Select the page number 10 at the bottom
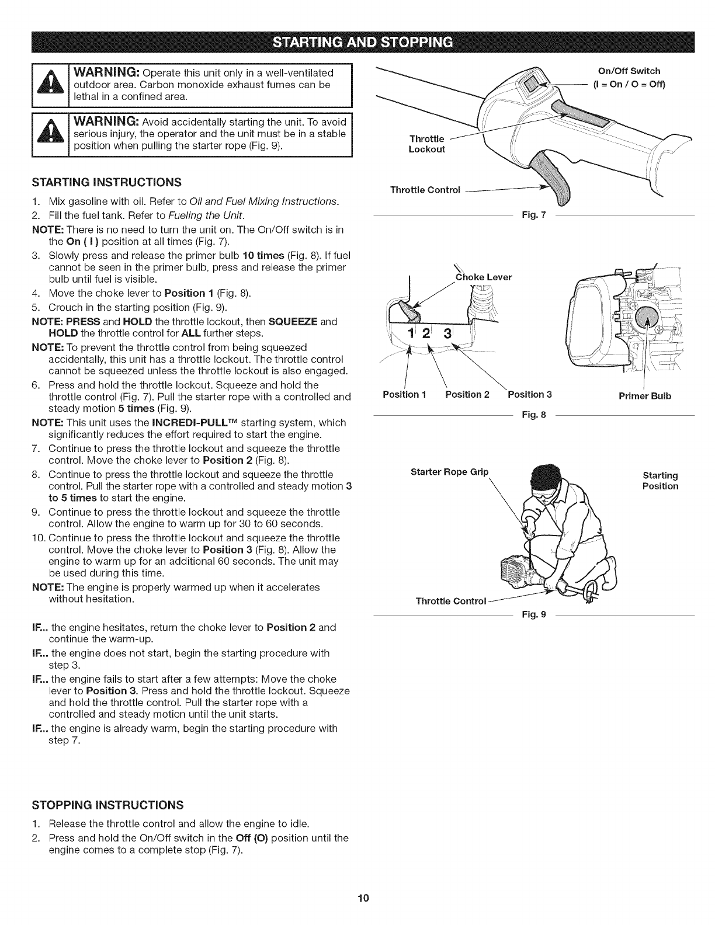click(x=357, y=898)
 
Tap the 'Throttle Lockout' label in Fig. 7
click(x=427, y=144)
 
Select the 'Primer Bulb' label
click(x=645, y=396)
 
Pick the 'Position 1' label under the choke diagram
click(x=405, y=394)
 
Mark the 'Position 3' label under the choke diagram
click(x=529, y=394)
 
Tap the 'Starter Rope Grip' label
click(x=449, y=472)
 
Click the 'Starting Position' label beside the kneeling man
click(x=660, y=481)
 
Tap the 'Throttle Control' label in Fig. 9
click(x=450, y=601)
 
